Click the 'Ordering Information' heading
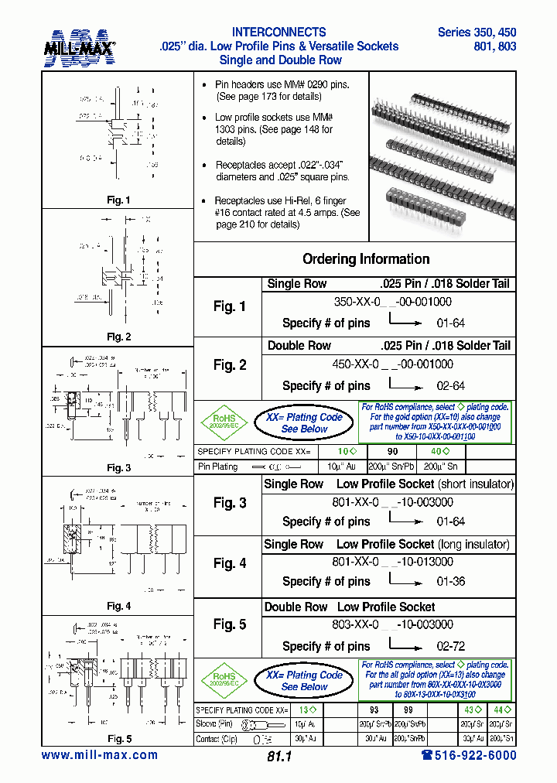click(x=366, y=259)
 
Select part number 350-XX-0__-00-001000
click(x=392, y=302)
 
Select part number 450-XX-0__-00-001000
click(x=392, y=364)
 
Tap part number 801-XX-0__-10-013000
click(x=392, y=562)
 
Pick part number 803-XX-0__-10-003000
click(x=392, y=624)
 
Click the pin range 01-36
click(x=451, y=581)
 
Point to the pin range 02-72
click(x=451, y=646)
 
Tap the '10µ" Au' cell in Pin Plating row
click(x=341, y=467)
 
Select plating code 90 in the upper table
click(x=392, y=451)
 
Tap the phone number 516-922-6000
click(x=463, y=755)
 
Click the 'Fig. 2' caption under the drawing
click(x=118, y=337)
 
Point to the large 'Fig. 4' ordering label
click(x=230, y=563)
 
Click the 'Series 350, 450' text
click(x=477, y=32)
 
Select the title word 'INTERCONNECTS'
click(x=278, y=32)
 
